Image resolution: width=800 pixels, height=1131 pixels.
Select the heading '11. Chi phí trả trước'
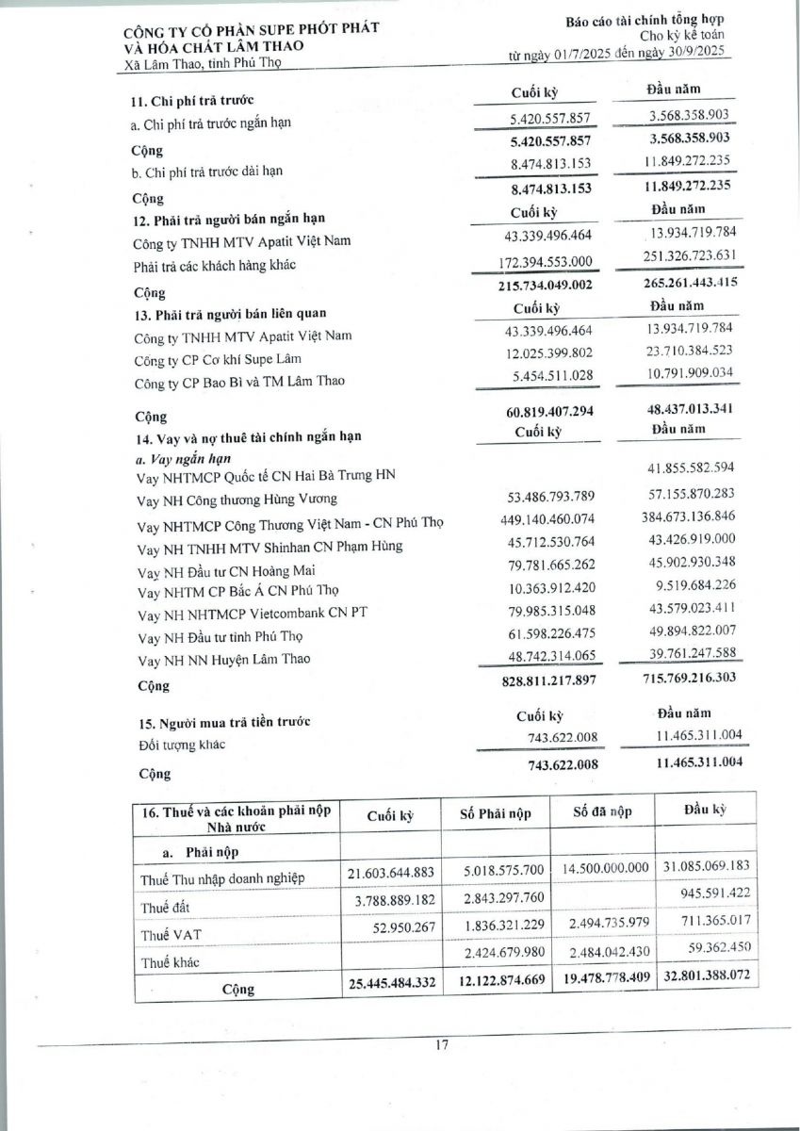193,100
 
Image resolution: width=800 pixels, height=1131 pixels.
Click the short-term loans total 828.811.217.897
538,680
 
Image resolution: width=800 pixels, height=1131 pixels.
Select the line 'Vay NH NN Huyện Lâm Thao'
223,659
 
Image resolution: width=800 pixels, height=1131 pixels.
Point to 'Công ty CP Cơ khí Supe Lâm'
219,358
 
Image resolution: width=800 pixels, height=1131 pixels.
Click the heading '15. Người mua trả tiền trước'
221,722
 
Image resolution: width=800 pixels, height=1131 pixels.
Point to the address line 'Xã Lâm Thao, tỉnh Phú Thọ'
203,63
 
